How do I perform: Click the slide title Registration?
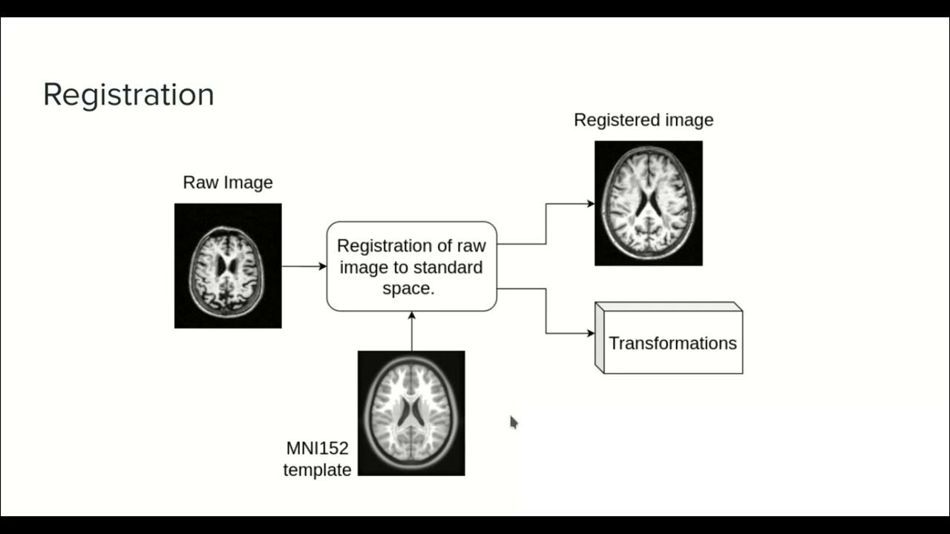tap(128, 95)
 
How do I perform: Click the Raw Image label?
tap(228, 182)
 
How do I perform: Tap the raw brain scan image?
tap(228, 266)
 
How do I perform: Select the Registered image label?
tap(643, 120)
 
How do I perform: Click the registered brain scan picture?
tap(648, 203)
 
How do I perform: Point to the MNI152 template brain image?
tap(411, 413)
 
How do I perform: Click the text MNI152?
tap(317, 449)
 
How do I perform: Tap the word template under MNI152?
tap(317, 469)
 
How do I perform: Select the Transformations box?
tap(672, 343)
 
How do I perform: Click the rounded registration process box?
tap(411, 266)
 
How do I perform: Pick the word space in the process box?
tap(407, 289)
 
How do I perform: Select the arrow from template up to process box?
tap(412, 331)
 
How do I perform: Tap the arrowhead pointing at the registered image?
tap(590, 203)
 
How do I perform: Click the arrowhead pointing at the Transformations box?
tap(590, 333)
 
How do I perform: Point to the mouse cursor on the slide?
tap(513, 421)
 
